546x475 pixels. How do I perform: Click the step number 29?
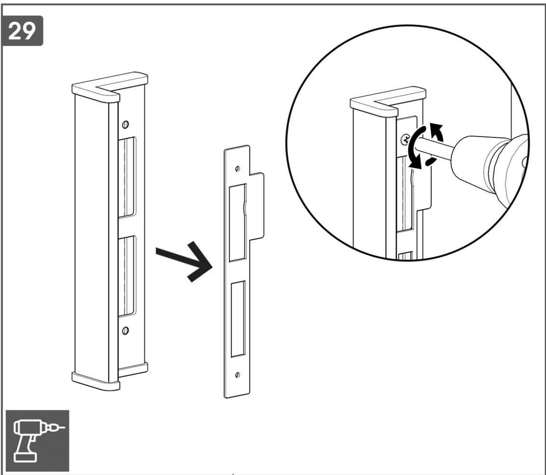[x=22, y=31]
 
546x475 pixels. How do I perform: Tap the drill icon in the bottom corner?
[x=38, y=441]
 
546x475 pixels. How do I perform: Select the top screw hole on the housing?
[x=125, y=124]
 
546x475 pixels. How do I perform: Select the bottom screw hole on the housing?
[x=125, y=330]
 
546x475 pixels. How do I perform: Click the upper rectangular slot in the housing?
[x=127, y=177]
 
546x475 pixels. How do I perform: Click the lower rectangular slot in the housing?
[x=127, y=276]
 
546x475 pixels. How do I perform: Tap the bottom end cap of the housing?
[x=110, y=377]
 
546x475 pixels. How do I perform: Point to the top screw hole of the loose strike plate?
[x=237, y=169]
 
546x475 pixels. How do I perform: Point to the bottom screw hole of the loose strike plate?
[x=237, y=375]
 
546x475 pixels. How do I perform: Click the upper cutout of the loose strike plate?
[x=238, y=222]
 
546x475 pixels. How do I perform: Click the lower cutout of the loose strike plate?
[x=238, y=319]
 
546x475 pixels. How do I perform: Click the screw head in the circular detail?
[x=405, y=140]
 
